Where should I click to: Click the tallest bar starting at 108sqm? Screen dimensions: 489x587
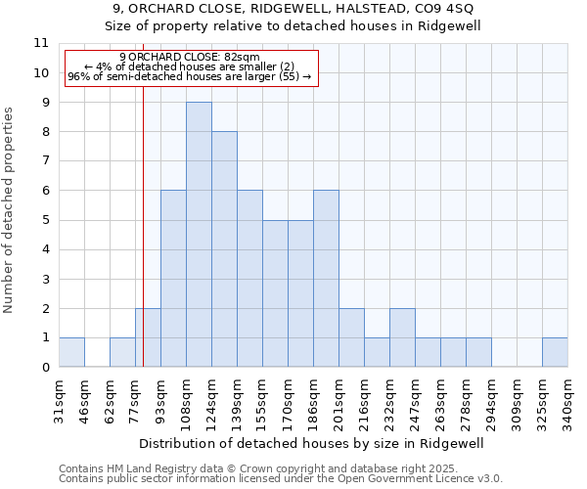point(199,235)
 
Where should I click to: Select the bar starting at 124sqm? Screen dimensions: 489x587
point(224,249)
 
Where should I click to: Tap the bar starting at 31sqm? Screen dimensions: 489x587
point(71,352)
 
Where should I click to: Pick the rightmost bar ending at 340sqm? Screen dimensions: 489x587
point(555,352)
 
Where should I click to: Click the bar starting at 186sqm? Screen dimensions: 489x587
point(326,279)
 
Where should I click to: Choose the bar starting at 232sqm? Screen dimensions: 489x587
point(402,337)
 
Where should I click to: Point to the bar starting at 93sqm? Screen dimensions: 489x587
point(173,279)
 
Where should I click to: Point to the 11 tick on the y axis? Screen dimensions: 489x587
point(41,43)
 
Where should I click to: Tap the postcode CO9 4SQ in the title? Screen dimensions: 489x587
point(444,10)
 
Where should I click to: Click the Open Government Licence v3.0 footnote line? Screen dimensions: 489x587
point(281,478)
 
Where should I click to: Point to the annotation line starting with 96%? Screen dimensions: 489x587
point(189,76)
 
